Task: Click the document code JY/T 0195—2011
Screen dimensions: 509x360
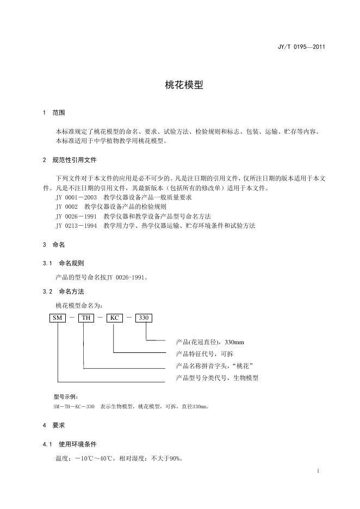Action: [x=301, y=47]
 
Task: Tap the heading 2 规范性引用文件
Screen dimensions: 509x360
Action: [x=70, y=160]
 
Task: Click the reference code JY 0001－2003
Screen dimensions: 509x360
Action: [x=76, y=198]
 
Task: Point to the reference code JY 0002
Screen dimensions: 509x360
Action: [x=65, y=207]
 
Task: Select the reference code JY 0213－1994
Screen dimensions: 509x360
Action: [x=76, y=226]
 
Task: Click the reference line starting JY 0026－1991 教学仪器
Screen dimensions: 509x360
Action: [x=133, y=216]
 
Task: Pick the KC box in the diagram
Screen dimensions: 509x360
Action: [x=115, y=318]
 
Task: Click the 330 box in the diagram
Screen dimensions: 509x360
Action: [x=144, y=318]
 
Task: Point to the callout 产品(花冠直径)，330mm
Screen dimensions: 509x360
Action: [x=210, y=342]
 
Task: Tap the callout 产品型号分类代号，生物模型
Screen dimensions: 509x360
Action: [x=217, y=378]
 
